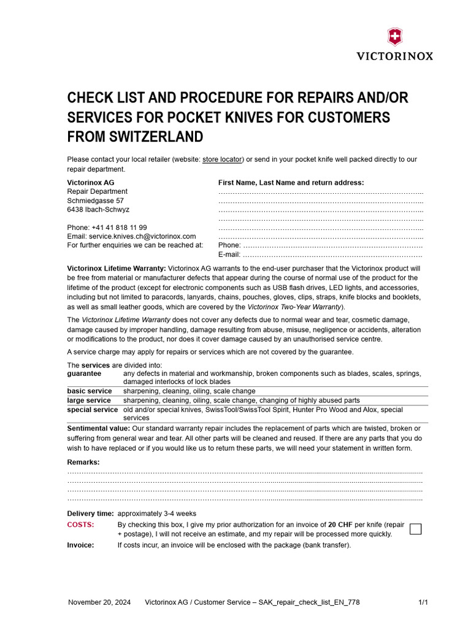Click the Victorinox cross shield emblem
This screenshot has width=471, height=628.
(x=395, y=37)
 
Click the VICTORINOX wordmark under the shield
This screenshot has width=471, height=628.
(x=395, y=56)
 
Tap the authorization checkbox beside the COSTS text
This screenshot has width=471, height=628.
(x=415, y=529)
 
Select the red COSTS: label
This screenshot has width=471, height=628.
(x=80, y=525)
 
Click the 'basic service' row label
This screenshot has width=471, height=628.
(x=90, y=391)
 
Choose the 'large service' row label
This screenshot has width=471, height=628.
(x=89, y=400)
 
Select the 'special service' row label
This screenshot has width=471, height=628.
(x=92, y=410)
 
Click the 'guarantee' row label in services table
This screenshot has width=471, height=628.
(x=84, y=373)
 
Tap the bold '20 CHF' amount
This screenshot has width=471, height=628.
(x=340, y=525)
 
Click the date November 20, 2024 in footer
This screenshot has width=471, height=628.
(x=99, y=602)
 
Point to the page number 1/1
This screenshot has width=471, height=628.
(x=423, y=602)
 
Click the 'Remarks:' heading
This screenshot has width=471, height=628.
(x=83, y=462)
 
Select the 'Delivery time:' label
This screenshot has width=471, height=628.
(x=90, y=513)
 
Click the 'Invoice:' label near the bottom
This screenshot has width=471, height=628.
(x=80, y=545)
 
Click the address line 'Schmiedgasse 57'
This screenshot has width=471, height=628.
(x=95, y=201)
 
